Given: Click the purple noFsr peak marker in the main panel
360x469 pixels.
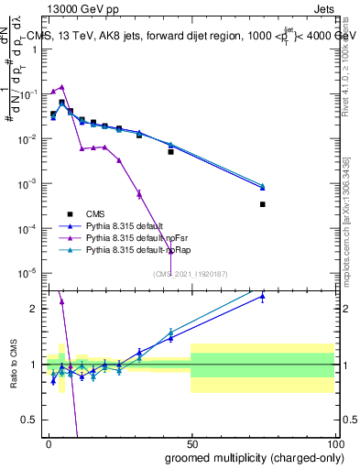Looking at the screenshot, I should click(61, 87).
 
